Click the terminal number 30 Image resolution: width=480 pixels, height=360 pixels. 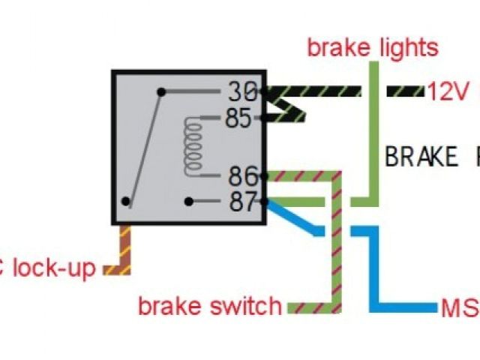[x=241, y=93]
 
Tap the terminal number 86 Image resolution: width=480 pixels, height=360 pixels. [x=241, y=178]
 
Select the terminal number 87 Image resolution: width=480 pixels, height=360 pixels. [x=241, y=202]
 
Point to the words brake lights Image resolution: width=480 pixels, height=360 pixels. [x=373, y=49]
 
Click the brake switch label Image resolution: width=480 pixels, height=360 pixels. [x=210, y=306]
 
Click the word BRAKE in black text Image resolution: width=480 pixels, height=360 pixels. [x=421, y=157]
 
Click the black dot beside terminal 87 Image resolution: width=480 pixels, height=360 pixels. [x=190, y=202]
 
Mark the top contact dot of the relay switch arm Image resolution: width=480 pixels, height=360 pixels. [x=161, y=92]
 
